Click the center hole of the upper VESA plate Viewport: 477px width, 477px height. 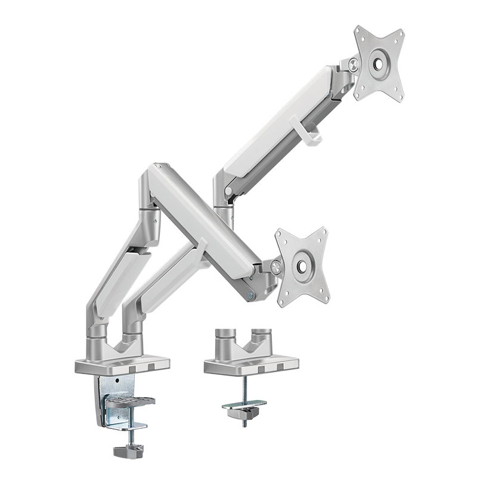point(380,63)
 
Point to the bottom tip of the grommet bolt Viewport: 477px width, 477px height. point(244,425)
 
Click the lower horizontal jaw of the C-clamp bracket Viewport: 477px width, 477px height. point(131,426)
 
